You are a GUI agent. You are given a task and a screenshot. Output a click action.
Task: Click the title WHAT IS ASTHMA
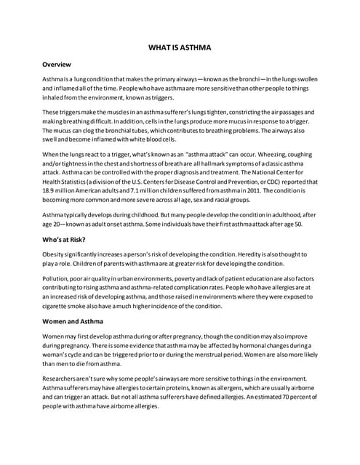coord(180,48)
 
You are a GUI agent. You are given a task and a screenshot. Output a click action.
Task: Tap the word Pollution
coord(57,278)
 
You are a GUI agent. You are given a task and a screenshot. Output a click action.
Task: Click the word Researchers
coord(63,379)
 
